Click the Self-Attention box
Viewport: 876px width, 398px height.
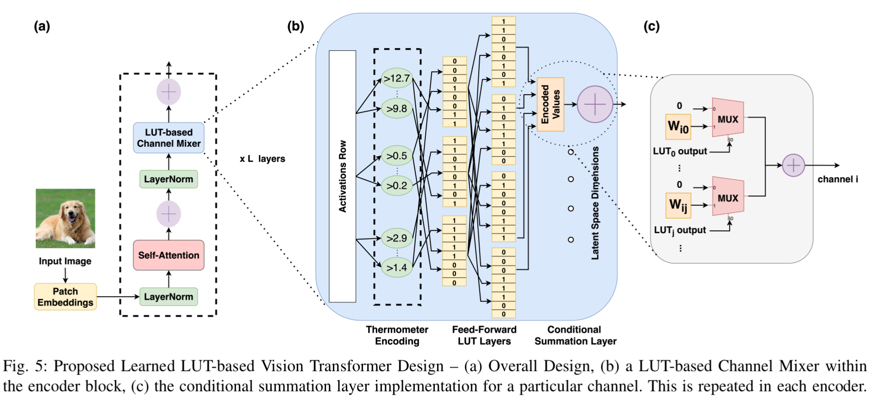pos(169,255)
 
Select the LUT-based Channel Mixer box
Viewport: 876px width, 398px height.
pos(169,138)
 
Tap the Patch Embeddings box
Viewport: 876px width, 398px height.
pos(65,297)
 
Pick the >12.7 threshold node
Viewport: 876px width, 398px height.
pos(396,79)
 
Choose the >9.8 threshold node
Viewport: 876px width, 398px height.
pos(396,109)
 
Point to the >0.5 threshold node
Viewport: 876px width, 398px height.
pos(396,156)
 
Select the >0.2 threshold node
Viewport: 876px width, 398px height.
pos(396,186)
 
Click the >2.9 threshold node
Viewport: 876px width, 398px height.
pos(396,238)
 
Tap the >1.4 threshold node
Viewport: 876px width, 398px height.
pos(396,267)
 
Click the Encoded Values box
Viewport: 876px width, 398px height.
pos(550,104)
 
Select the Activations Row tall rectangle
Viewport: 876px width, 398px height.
pos(343,176)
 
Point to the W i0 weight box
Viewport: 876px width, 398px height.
pos(678,126)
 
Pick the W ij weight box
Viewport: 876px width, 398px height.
pos(678,205)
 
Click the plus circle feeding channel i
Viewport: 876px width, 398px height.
pos(793,165)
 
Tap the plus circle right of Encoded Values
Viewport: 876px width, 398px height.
pos(595,104)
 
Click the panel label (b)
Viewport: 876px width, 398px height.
pos(296,26)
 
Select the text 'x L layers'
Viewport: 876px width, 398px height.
pos(262,159)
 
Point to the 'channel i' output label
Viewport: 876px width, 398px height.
pos(838,179)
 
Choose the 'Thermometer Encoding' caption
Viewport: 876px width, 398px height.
pos(397,335)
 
